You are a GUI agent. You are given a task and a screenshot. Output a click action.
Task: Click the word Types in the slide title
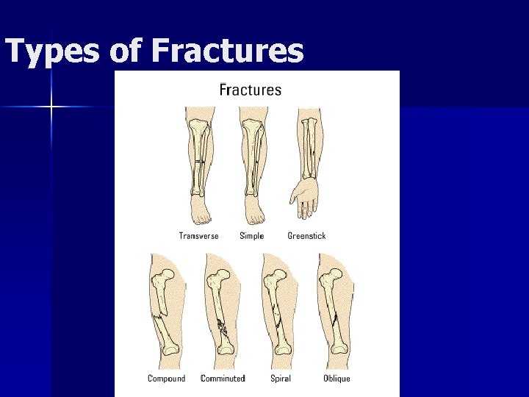click(51, 51)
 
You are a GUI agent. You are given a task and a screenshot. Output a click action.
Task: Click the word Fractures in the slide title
click(227, 51)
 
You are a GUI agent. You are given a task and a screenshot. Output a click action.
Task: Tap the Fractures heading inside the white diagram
click(251, 90)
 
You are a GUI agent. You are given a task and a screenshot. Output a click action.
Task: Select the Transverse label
click(198, 236)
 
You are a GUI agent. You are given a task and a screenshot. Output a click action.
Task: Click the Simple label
click(252, 236)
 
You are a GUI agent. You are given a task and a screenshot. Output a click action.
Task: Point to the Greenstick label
click(306, 236)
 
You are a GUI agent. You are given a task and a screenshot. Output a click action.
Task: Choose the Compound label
click(166, 379)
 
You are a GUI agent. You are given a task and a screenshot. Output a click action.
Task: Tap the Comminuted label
click(223, 379)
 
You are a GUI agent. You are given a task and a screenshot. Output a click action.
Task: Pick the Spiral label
click(280, 379)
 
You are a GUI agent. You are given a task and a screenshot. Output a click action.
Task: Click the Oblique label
click(337, 379)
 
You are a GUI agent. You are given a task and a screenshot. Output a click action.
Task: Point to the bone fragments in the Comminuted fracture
click(223, 328)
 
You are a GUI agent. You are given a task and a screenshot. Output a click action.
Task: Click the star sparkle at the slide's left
click(51, 107)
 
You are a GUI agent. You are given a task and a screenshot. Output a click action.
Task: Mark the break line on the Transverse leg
click(198, 160)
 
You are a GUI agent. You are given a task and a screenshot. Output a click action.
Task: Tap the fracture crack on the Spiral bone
click(279, 317)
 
